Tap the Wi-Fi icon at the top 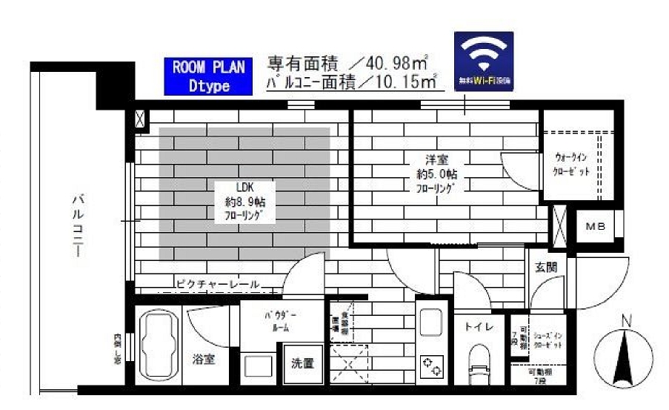pyautogui.click(x=483, y=59)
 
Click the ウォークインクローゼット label pyautogui.click(x=573, y=164)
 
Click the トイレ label pyautogui.click(x=475, y=326)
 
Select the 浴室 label pyautogui.click(x=203, y=360)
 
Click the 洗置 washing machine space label pyautogui.click(x=302, y=364)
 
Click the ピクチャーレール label pyautogui.click(x=218, y=284)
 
